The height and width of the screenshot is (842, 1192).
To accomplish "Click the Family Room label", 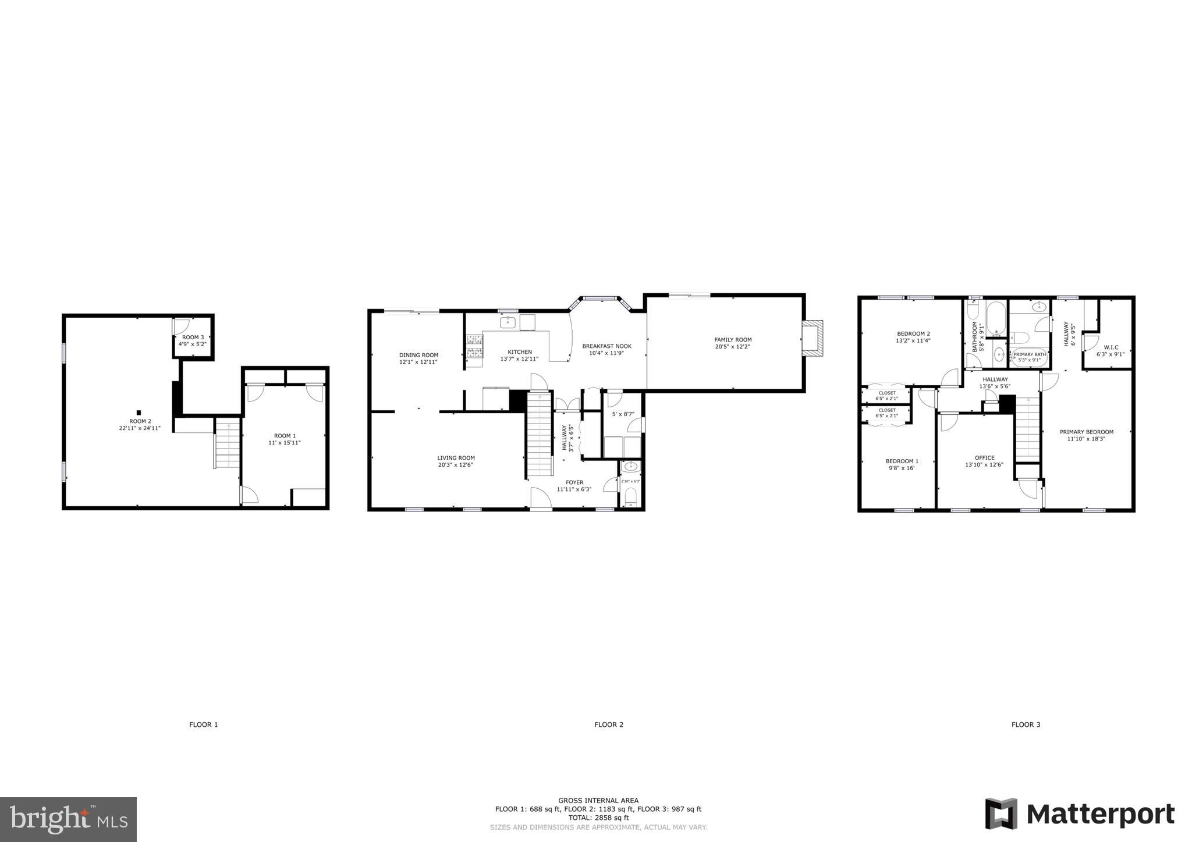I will [733, 340].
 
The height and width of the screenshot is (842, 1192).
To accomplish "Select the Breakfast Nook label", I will [606, 346].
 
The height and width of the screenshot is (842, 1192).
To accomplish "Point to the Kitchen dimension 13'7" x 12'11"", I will [519, 359].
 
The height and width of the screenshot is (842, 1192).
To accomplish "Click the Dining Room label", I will [418, 355].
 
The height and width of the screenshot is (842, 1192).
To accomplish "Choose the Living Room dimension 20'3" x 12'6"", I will [456, 465].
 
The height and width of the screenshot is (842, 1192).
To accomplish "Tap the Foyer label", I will [574, 482].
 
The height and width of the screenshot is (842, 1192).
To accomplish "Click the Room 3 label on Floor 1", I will [193, 337].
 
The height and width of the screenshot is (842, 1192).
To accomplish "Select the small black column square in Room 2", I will [139, 413].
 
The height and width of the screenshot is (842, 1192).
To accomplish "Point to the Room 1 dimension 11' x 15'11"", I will [285, 443].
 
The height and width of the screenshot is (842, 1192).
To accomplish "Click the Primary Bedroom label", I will [1086, 432].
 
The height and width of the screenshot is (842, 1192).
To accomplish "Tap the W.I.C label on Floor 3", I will [1111, 347].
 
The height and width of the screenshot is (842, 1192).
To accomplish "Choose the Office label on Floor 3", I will [984, 457].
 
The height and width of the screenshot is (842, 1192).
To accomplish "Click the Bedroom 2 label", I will [913, 333].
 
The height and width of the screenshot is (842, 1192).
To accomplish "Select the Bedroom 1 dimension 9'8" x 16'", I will [902, 468].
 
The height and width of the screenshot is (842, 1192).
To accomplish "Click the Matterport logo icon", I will [1001, 813].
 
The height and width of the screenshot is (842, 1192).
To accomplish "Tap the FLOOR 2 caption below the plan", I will [608, 724].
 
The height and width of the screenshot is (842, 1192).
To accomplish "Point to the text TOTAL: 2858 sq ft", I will [598, 818].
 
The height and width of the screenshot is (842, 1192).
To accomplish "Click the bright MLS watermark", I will [69, 819].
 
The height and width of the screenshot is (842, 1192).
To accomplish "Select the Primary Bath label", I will [1030, 354].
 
